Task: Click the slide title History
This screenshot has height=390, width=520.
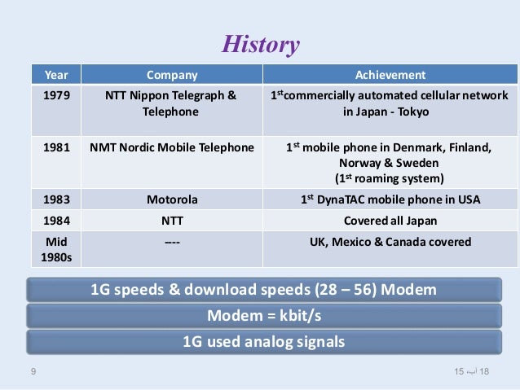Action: tap(262, 44)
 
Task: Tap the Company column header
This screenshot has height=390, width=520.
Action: tap(171, 76)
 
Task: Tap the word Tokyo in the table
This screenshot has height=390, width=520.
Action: tap(417, 112)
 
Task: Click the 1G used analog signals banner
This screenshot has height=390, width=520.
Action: tap(263, 342)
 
